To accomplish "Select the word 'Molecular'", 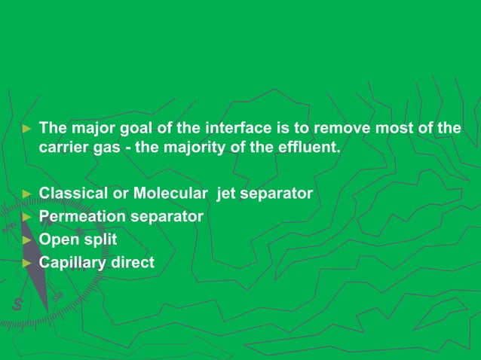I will click(170, 194).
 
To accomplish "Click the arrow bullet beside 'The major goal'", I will click(27, 128).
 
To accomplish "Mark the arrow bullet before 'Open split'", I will click(27, 240).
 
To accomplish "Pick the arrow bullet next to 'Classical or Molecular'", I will click(27, 194).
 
